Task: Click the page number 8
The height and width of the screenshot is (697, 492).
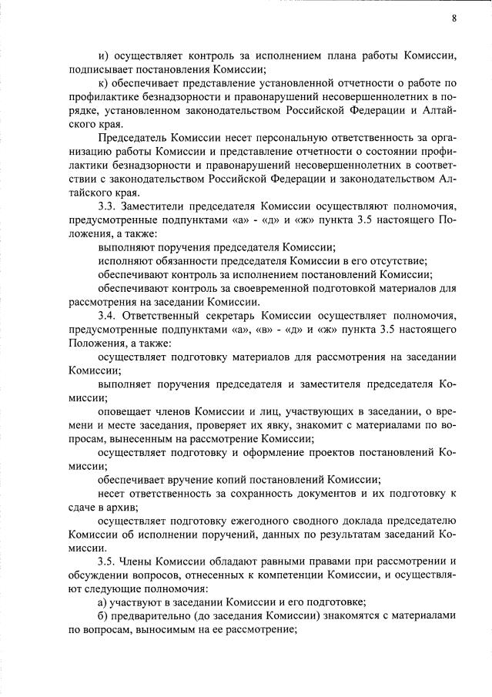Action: pyautogui.click(x=454, y=18)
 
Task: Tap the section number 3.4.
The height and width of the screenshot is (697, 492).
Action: pyautogui.click(x=109, y=316)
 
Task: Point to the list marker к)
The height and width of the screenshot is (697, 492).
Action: pyautogui.click(x=104, y=82)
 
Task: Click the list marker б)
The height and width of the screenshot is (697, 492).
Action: pyautogui.click(x=104, y=618)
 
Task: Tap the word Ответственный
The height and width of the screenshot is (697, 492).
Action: pyautogui.click(x=172, y=316)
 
